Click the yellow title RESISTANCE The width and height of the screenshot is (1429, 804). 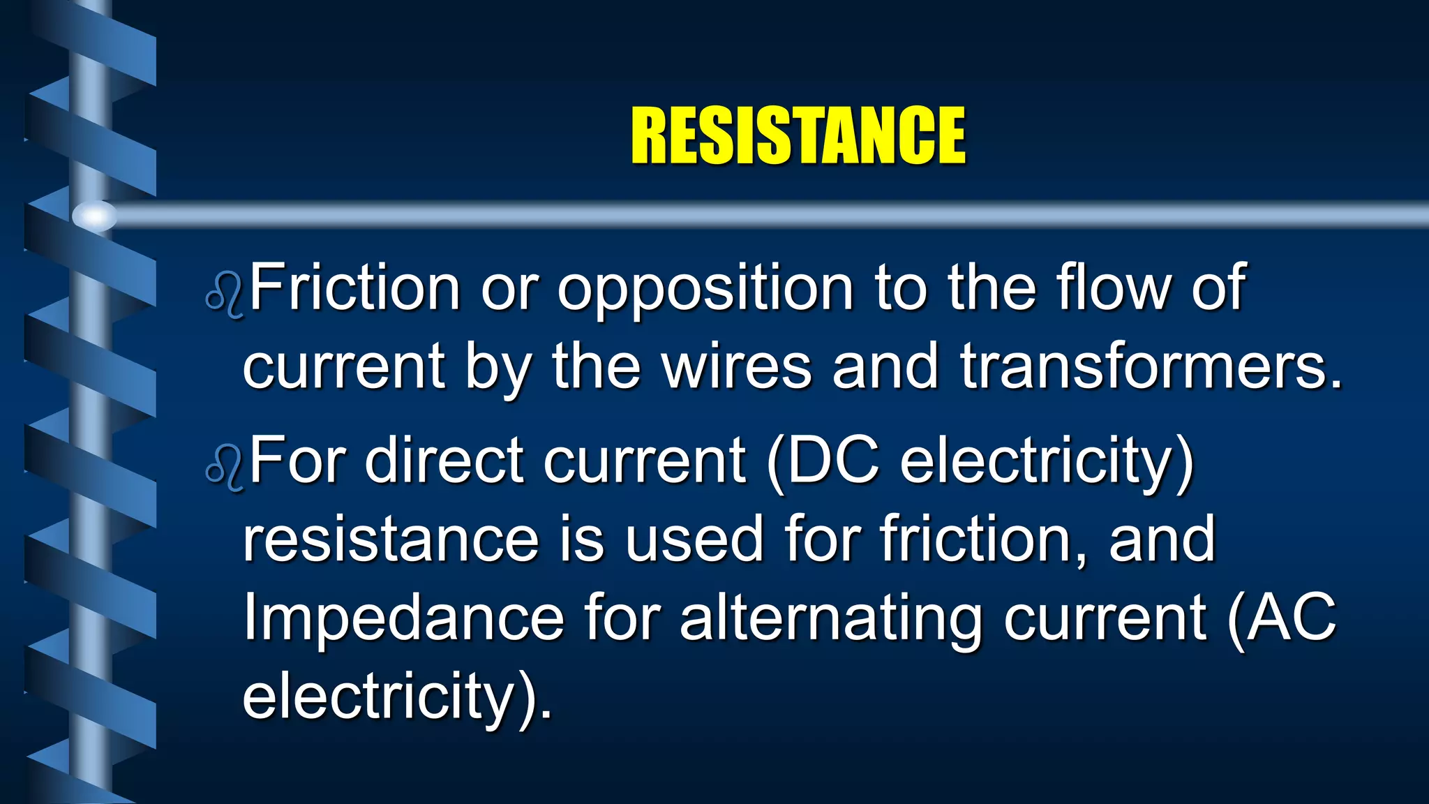(798, 136)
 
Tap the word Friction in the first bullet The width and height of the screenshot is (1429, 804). (354, 287)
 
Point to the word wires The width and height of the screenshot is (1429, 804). (737, 366)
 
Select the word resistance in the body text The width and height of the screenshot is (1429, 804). (391, 539)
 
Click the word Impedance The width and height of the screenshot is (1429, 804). (403, 619)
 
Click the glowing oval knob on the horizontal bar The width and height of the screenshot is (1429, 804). (95, 216)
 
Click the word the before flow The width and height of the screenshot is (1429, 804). (991, 287)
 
